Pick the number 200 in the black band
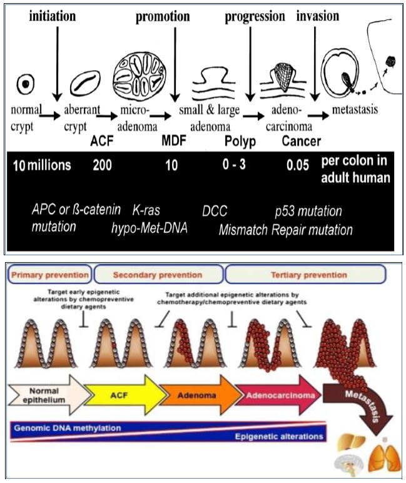[x=103, y=166]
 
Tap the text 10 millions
[x=41, y=166]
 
